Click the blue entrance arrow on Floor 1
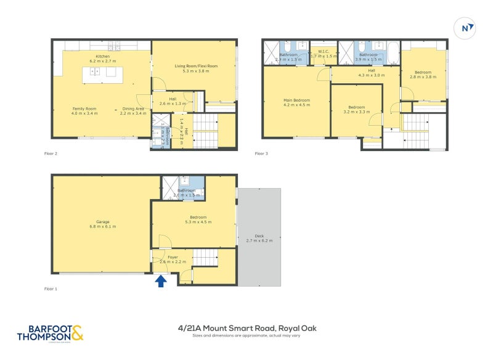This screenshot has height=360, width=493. click(x=160, y=281)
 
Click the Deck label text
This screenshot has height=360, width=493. click(x=259, y=235)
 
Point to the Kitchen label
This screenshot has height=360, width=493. click(x=102, y=57)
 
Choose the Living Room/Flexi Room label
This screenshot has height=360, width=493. click(x=196, y=66)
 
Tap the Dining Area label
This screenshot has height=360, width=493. click(x=132, y=108)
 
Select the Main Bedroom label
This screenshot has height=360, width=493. click(x=296, y=100)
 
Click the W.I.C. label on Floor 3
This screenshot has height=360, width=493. click(x=323, y=52)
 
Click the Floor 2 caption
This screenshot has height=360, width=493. click(x=51, y=153)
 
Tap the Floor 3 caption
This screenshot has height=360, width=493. click(x=263, y=153)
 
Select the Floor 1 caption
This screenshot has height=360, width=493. click(x=51, y=288)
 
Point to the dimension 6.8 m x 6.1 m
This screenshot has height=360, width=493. click(x=102, y=227)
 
